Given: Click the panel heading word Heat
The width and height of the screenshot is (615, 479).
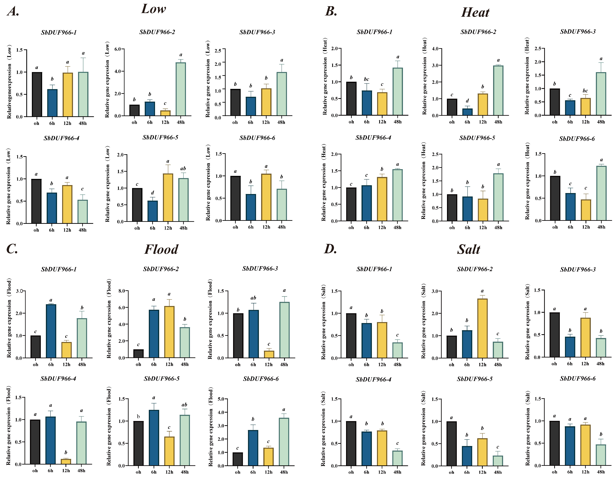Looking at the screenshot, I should pos(475,12).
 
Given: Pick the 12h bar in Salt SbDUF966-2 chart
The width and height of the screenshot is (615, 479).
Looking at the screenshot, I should pos(482,328).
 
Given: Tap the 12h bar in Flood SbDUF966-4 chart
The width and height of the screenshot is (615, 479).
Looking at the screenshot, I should pos(66,461).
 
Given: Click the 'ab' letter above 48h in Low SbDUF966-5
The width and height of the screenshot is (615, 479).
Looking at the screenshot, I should pos(183,168).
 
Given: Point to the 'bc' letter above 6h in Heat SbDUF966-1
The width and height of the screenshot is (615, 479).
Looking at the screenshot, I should pos(366,79).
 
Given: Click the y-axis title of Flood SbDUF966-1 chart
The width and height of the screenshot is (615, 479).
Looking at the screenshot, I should pos(9,318).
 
